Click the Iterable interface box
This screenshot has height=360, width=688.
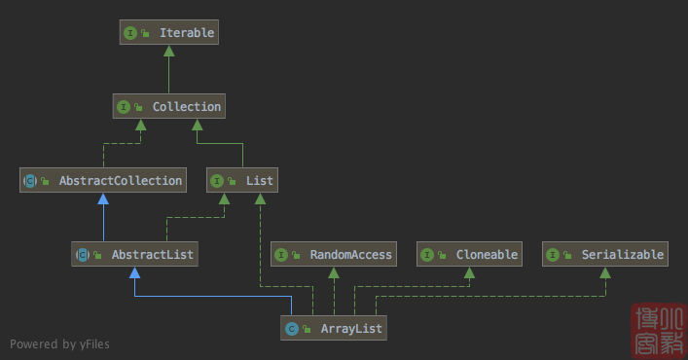point(167,33)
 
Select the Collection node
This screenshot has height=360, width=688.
point(167,106)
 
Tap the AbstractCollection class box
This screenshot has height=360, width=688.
point(103,180)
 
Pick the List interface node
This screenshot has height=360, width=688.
point(242,180)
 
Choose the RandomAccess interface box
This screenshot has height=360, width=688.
point(334,255)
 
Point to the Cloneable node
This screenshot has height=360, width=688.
point(469,255)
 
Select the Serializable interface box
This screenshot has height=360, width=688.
point(605,255)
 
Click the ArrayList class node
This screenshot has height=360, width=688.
point(334,329)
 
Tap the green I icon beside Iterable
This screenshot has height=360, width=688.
point(129,33)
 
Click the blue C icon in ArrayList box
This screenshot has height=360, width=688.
point(291,329)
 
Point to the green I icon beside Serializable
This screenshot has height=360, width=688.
point(554,255)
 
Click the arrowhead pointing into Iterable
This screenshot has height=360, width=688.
point(168,52)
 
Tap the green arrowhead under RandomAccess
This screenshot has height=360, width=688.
point(334,273)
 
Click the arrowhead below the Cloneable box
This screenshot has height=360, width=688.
point(469,273)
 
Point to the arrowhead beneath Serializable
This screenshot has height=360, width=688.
point(605,273)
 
